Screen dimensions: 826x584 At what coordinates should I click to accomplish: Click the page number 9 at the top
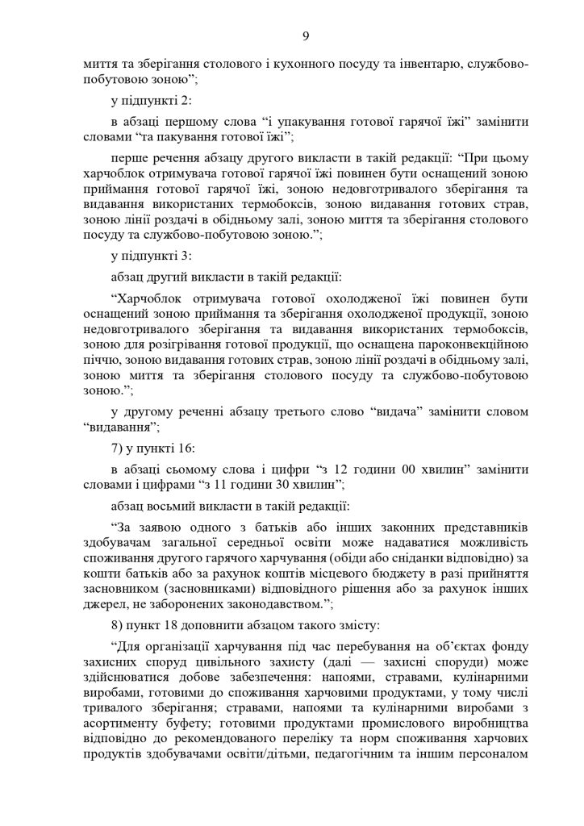(293, 34)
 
